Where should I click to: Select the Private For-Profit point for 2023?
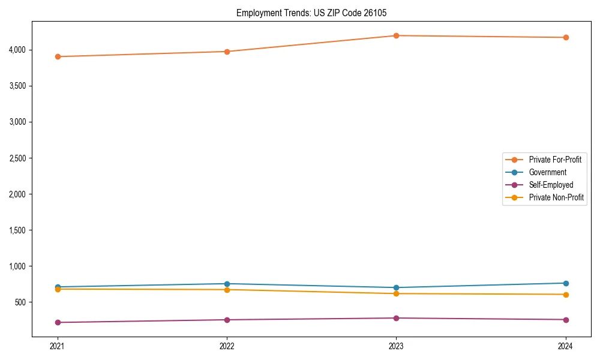396,35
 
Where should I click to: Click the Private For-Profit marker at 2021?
58,56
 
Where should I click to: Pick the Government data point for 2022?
227,284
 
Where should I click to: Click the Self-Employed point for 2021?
58,322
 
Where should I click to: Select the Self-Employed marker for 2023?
396,318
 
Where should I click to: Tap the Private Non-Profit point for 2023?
396,293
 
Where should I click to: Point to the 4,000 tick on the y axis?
17,49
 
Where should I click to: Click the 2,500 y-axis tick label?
17,158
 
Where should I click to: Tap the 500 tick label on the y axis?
20,302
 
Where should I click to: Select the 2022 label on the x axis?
227,346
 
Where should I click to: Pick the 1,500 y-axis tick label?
17,230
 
